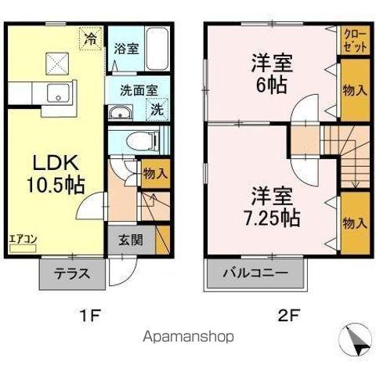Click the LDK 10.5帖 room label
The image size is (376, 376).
tap(56, 173)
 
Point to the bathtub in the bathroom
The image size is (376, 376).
tap(157, 49)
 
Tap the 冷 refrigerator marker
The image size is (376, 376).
tap(92, 36)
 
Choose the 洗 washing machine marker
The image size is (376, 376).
tap(157, 109)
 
